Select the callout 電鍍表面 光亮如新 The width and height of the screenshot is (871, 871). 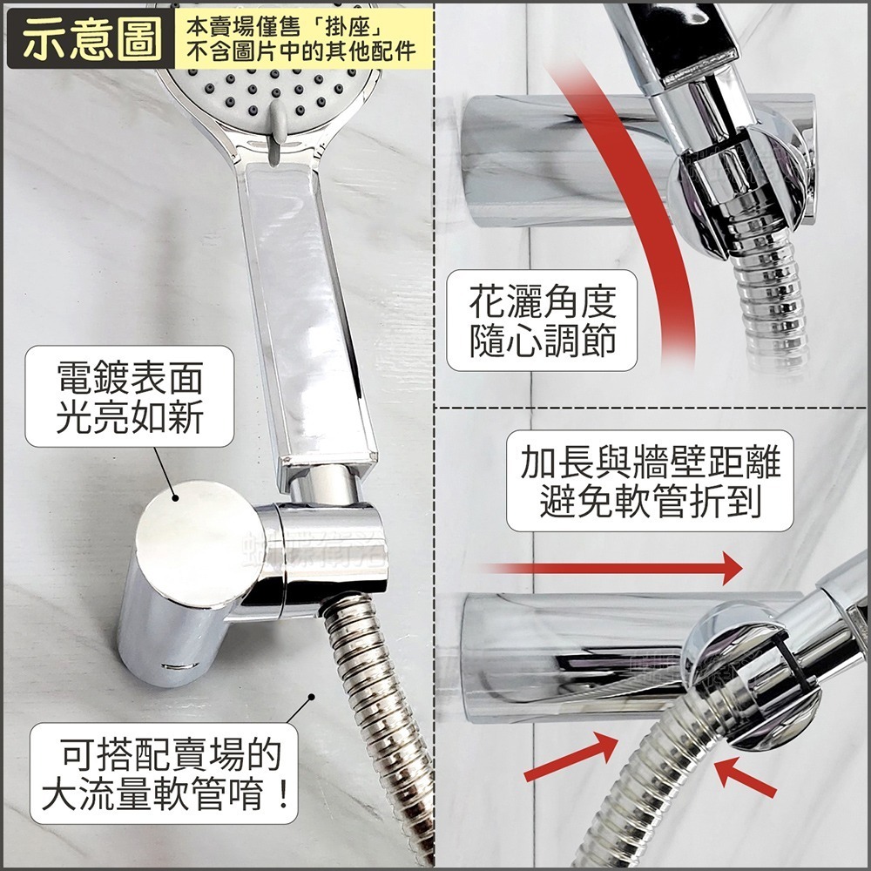(129, 397)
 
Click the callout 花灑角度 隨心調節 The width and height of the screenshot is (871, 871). (541, 321)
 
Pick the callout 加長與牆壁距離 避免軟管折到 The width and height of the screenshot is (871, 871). (650, 481)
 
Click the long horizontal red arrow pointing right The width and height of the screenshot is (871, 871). (610, 569)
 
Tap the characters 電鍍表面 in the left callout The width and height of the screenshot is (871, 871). (129, 380)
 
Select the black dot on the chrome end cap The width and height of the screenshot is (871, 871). (178, 498)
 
